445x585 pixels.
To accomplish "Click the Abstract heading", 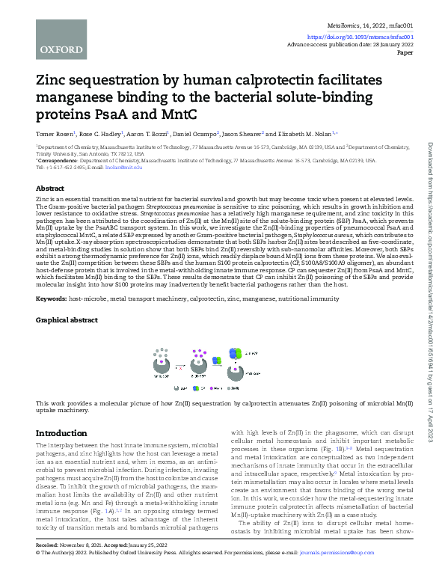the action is tap(50, 189).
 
